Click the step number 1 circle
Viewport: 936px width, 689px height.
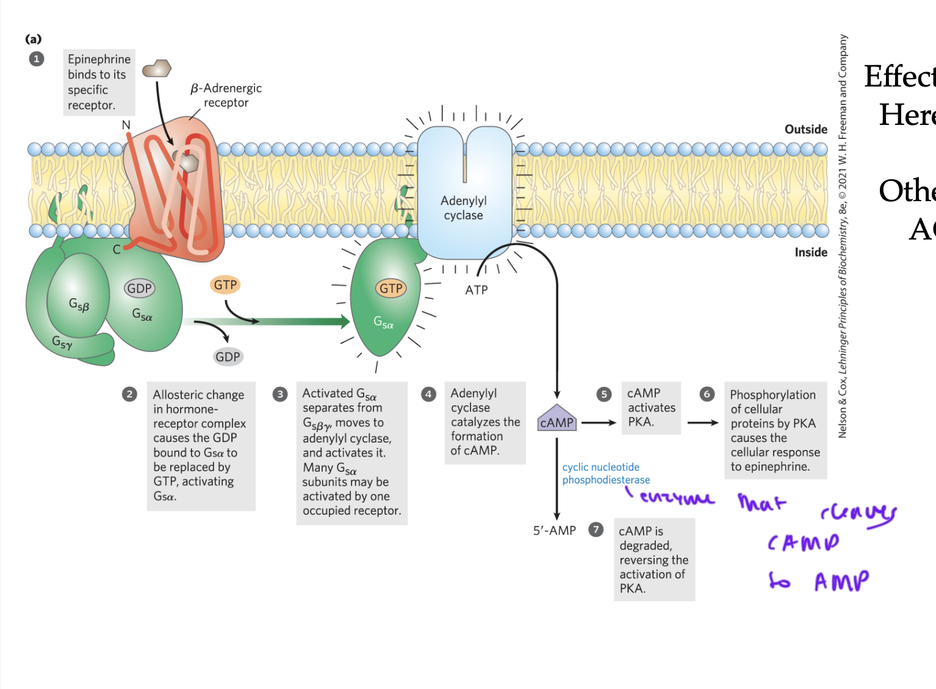37,59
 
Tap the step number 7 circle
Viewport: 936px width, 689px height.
596,529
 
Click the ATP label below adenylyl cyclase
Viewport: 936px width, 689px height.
477,290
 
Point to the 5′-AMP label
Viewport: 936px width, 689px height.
554,530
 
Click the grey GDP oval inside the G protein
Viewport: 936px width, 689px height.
139,288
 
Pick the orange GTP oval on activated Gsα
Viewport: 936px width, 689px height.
391,288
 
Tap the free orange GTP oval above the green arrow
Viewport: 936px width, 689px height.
225,285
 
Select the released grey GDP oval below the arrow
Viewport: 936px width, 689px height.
228,357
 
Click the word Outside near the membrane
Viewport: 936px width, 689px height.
805,129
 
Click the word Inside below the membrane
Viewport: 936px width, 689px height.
810,252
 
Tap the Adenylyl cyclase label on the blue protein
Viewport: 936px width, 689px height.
464,208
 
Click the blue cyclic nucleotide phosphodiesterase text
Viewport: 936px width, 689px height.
605,474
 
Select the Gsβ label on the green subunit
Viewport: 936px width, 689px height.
79,304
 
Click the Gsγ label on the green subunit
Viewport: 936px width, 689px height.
62,343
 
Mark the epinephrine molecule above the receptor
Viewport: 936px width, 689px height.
157,68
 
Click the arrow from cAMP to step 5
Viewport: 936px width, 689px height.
599,423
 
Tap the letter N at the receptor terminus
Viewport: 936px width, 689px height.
126,125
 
